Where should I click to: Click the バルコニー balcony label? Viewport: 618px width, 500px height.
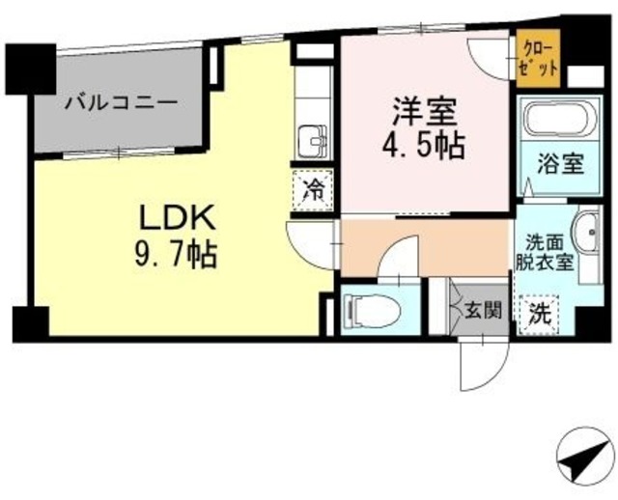pos(121,102)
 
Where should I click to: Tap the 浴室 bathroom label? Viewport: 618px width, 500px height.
pos(561,162)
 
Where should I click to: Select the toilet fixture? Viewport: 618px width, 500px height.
pos(367,309)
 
